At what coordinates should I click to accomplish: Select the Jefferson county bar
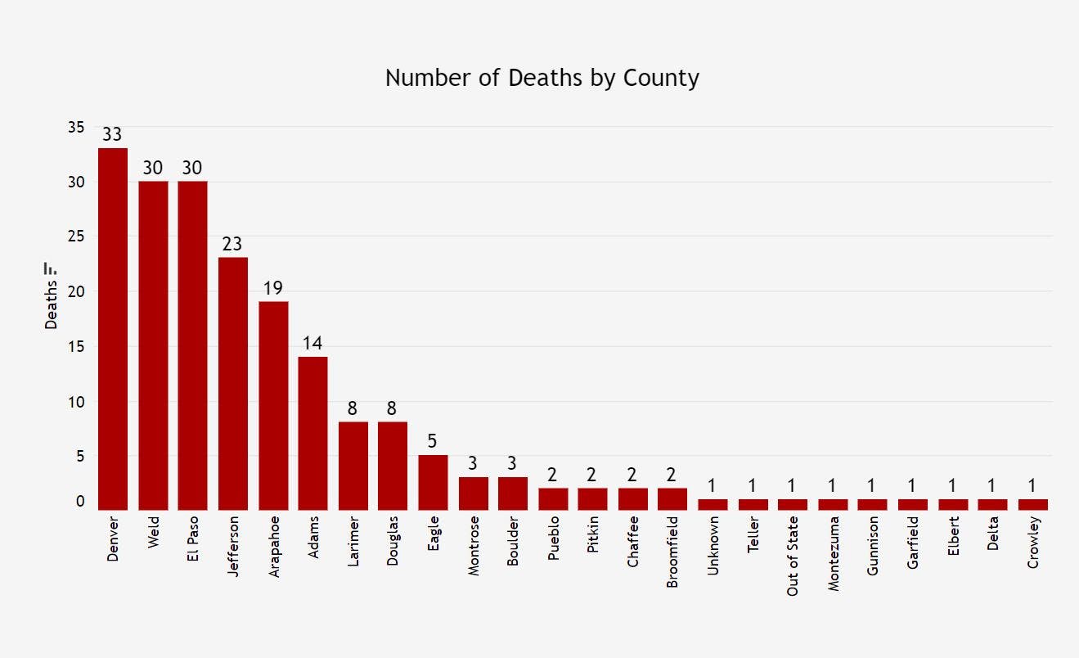[x=233, y=384]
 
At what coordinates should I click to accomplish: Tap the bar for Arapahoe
[x=273, y=406]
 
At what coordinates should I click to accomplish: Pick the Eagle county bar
[x=433, y=483]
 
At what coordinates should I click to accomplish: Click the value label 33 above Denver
[x=113, y=134]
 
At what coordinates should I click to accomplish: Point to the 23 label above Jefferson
[x=233, y=244]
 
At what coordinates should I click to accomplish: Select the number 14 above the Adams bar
[x=312, y=343]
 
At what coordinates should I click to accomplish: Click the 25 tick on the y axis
[x=76, y=237]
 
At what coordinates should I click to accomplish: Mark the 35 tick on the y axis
[x=76, y=127]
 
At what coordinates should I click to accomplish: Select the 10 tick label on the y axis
[x=76, y=402]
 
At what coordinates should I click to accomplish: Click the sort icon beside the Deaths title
[x=51, y=268]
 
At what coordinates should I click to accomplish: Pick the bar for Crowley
[x=1033, y=505]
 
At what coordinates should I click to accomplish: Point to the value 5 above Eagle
[x=433, y=442]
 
